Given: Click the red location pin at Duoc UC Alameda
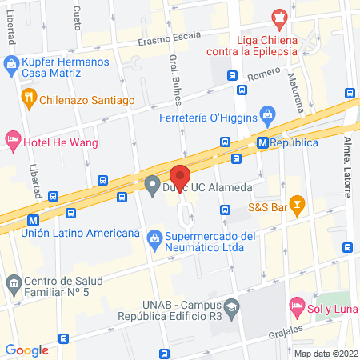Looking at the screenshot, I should click(x=180, y=176).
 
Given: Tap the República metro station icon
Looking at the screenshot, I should click(x=262, y=142).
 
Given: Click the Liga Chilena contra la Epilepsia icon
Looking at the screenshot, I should click(x=279, y=16).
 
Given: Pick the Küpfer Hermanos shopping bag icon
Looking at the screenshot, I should click(x=11, y=62).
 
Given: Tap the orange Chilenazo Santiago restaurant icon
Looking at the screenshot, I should click(x=30, y=99).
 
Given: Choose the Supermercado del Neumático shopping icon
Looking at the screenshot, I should click(x=154, y=236).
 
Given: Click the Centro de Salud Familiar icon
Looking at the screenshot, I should click(x=13, y=282).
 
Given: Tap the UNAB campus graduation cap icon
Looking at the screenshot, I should click(x=231, y=305).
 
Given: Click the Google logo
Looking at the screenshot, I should click(x=27, y=350).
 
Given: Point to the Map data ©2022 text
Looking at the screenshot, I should click(x=325, y=353).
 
